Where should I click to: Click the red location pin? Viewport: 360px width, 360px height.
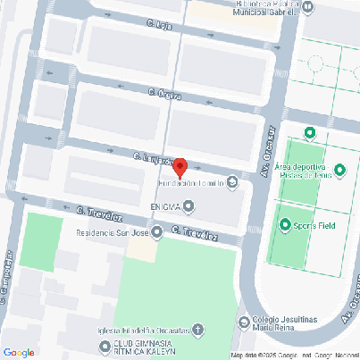tap(179, 167)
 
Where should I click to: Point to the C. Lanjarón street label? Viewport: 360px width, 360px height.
tap(153, 158)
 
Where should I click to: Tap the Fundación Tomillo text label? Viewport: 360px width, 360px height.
tap(191, 184)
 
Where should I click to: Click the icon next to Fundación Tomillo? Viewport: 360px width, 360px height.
tap(233, 183)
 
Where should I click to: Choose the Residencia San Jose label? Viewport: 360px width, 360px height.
tap(111, 232)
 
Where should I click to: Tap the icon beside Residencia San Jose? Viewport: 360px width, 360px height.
tap(157, 233)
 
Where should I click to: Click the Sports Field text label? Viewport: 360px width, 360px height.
tap(313, 225)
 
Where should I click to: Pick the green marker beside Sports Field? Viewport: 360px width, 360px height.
tap(285, 224)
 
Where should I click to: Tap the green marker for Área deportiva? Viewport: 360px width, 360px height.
tap(339, 170)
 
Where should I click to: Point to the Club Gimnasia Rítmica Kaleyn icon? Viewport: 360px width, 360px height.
tap(107, 346)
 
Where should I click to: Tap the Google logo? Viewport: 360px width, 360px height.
tap(19, 352)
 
